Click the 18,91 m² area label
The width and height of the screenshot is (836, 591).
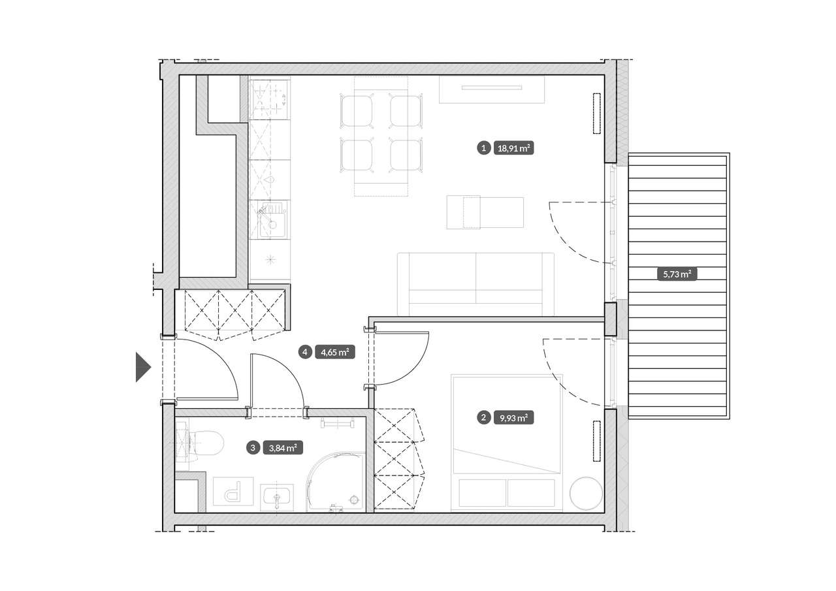(513, 148)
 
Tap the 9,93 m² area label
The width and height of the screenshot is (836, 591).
(513, 418)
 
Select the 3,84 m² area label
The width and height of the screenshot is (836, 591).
(283, 448)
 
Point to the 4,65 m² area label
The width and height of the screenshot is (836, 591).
(335, 352)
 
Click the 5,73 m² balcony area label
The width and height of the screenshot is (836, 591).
(677, 275)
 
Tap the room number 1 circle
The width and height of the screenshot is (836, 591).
(484, 148)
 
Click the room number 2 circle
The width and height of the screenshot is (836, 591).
(484, 418)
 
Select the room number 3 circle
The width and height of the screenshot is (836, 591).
(253, 448)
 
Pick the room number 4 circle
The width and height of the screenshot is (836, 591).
(305, 352)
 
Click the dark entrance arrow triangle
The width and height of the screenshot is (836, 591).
(142, 368)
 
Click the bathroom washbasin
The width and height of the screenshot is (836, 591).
(276, 498)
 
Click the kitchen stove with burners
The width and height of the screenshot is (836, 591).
(270, 98)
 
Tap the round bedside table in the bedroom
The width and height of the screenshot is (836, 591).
(586, 493)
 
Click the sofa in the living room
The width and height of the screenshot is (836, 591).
(476, 283)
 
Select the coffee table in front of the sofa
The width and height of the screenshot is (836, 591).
(485, 212)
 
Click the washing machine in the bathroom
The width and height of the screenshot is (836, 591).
(233, 491)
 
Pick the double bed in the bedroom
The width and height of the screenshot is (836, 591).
(507, 442)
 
